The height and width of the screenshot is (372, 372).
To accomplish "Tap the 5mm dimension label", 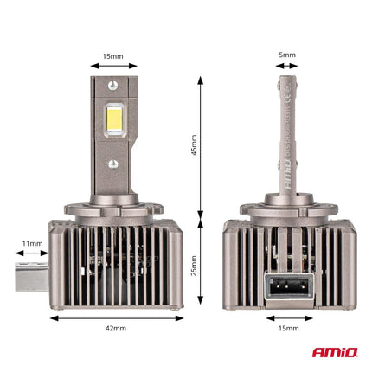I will (288, 55).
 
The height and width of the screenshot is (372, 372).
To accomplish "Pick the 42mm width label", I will (116, 329).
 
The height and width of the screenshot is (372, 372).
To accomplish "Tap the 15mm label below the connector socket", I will (288, 329).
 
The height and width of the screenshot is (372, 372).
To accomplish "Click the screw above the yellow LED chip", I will (113, 85).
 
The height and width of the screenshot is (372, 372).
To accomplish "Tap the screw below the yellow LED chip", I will (113, 162).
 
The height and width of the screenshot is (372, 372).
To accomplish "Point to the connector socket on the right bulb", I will (288, 285).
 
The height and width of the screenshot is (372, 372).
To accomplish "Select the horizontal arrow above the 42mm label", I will (116, 317).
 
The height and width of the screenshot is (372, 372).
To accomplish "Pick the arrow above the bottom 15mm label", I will (288, 317).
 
